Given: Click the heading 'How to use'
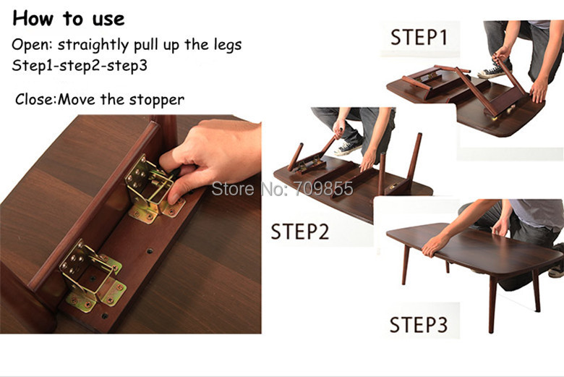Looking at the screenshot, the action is (x=69, y=18).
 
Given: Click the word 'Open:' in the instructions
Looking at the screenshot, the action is (x=33, y=45).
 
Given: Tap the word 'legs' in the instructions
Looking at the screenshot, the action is (x=228, y=46).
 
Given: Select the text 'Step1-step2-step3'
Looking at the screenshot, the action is (x=80, y=66).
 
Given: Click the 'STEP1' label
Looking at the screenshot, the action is (x=419, y=37).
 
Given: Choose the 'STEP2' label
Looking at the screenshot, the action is (x=299, y=232).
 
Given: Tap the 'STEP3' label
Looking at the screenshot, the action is (x=419, y=324).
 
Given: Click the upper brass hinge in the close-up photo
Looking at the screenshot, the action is (x=154, y=189).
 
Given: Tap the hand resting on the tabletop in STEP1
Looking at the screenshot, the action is (x=539, y=90).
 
